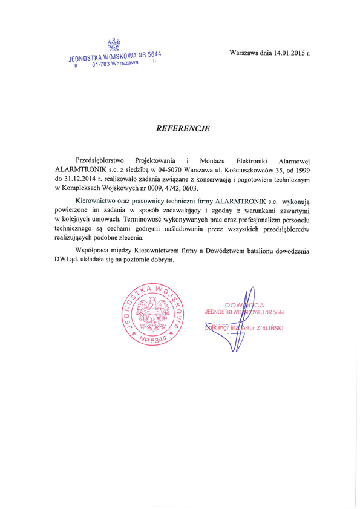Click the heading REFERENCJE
click(183, 128)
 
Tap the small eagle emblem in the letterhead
click(113, 44)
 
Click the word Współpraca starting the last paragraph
click(93, 249)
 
